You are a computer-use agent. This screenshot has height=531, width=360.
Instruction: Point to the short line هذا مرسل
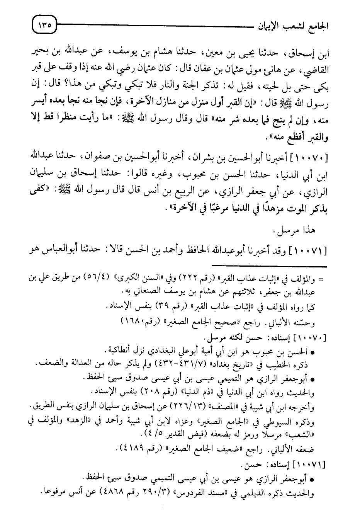pyautogui.click(x=296, y=231)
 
